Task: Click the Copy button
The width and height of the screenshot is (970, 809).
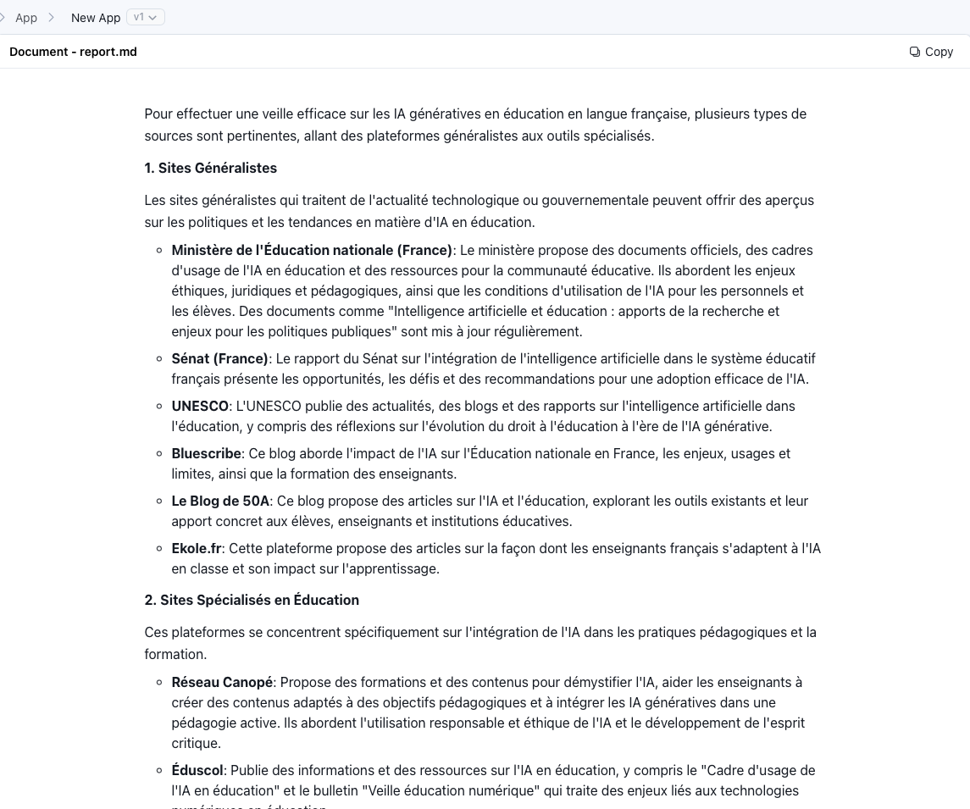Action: (931, 52)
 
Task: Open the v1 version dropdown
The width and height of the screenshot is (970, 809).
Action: (146, 17)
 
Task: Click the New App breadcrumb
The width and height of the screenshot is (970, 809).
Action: (96, 18)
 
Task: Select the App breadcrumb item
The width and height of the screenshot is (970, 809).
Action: (26, 18)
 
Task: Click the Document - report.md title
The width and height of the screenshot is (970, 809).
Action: (73, 52)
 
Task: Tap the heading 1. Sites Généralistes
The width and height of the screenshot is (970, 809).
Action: (211, 168)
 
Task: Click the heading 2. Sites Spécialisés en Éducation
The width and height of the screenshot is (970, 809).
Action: (252, 600)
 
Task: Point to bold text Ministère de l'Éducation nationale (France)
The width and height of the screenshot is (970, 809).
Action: (312, 250)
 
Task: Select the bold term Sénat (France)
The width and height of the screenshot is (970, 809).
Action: (219, 358)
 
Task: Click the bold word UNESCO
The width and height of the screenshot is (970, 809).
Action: (200, 406)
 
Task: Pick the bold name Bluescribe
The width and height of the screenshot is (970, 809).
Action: (206, 453)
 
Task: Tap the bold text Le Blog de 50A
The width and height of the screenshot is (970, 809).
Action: (220, 501)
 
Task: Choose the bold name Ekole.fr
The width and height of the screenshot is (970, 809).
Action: (197, 548)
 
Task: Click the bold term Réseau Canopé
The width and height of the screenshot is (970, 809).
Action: (222, 682)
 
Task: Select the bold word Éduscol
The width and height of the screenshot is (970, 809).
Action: (197, 770)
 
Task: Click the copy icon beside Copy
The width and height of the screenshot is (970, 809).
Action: (915, 52)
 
